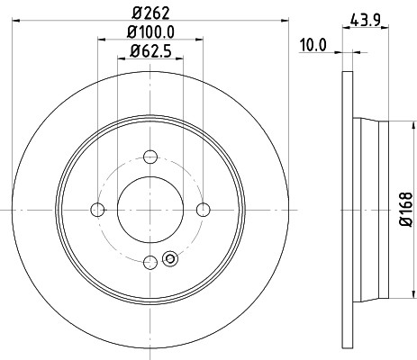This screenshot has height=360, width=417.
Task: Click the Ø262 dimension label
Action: pyautogui.click(x=150, y=13)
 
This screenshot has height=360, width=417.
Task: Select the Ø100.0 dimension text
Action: pyautogui.click(x=150, y=32)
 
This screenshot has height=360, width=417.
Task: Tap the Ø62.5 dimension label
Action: pyautogui.click(x=150, y=51)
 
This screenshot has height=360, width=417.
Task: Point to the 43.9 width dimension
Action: pyautogui.click(x=366, y=21)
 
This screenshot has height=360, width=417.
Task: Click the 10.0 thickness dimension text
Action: pyautogui.click(x=313, y=46)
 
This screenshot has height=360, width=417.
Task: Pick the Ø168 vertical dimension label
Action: pyautogui.click(x=406, y=210)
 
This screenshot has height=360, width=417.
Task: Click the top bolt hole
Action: pyautogui.click(x=150, y=157)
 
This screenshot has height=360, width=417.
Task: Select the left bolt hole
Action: pyautogui.click(x=97, y=210)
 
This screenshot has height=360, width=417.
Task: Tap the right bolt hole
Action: pyautogui.click(x=204, y=210)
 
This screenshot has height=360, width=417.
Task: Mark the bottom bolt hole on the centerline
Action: pyautogui.click(x=150, y=263)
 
